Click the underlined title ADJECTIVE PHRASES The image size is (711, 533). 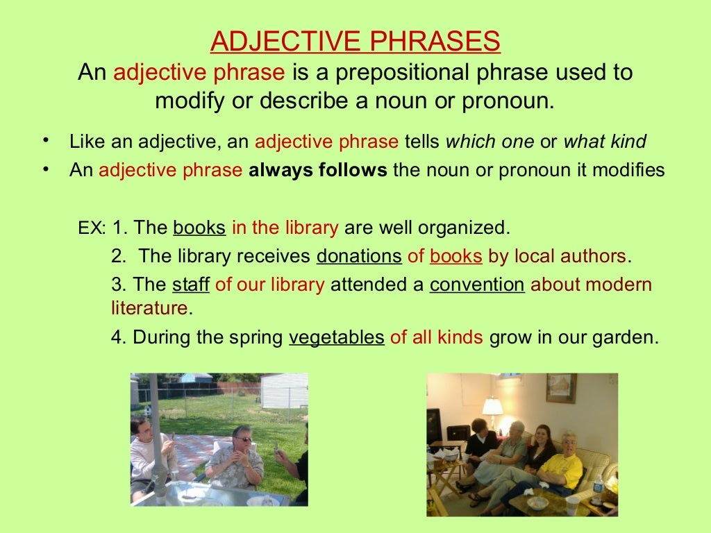(x=355, y=42)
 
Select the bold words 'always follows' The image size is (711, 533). (x=317, y=170)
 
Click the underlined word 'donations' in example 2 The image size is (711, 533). (x=359, y=256)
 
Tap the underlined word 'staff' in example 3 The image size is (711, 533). (x=191, y=285)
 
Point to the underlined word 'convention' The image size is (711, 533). (x=477, y=285)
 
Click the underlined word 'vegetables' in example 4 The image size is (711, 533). (x=336, y=337)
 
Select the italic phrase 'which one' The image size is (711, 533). (x=490, y=142)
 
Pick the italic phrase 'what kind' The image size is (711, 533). (x=604, y=142)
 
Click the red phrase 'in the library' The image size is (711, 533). (x=285, y=227)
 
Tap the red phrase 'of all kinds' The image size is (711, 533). (x=436, y=337)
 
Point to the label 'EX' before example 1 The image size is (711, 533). (x=89, y=228)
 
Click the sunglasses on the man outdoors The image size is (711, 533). (x=243, y=439)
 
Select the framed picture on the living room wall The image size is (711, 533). (x=560, y=388)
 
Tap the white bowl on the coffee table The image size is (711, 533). (x=537, y=502)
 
